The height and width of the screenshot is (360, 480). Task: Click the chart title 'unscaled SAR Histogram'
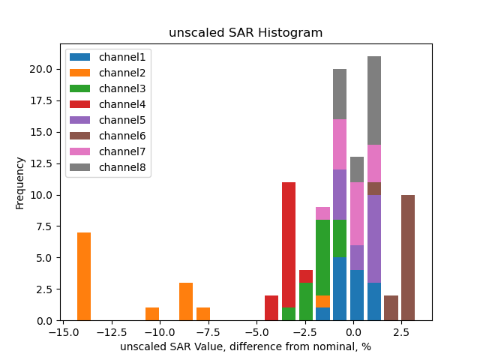245,33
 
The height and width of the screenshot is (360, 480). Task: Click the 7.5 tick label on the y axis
42,226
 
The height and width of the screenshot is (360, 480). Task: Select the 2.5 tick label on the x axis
402,331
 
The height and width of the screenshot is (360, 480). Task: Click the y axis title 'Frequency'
20,182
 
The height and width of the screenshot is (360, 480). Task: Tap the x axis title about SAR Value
245,346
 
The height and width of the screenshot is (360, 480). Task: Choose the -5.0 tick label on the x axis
255,331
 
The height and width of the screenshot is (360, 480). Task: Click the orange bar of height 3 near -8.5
186,301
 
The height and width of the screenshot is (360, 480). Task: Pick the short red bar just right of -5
271,307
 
